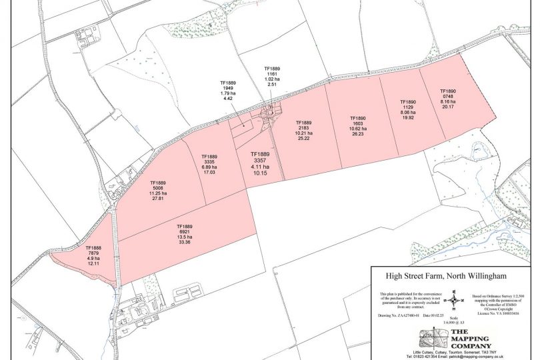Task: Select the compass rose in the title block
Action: coord(454,299)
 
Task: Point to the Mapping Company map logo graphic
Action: coord(420,338)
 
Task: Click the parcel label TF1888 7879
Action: coord(92,256)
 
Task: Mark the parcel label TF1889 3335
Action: coord(208,164)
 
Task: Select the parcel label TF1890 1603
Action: coord(359,125)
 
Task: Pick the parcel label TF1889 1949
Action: coord(228,91)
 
